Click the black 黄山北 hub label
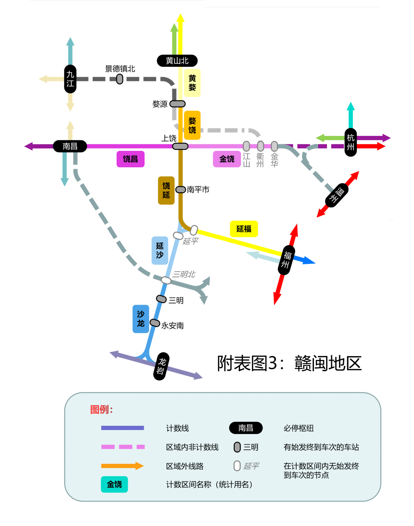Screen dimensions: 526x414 (177, 61)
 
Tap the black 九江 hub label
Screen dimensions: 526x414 (70, 79)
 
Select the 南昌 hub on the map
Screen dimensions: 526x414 (70, 146)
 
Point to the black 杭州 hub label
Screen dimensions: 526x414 (350, 142)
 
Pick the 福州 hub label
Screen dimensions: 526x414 (286, 260)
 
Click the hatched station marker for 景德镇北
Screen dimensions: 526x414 (120, 79)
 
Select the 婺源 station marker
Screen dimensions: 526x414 (177, 104)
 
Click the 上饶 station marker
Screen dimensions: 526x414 (180, 146)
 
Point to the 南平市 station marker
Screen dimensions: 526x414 (181, 190)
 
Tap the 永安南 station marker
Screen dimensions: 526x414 (155, 323)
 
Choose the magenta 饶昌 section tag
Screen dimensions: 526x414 (130, 159)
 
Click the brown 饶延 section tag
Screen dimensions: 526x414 (166, 190)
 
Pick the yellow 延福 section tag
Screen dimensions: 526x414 (244, 229)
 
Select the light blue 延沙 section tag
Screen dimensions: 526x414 (160, 250)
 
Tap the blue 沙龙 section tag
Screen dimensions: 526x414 (141, 319)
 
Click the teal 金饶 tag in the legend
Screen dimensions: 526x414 (114, 484)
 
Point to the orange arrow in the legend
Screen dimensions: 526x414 (122, 466)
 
